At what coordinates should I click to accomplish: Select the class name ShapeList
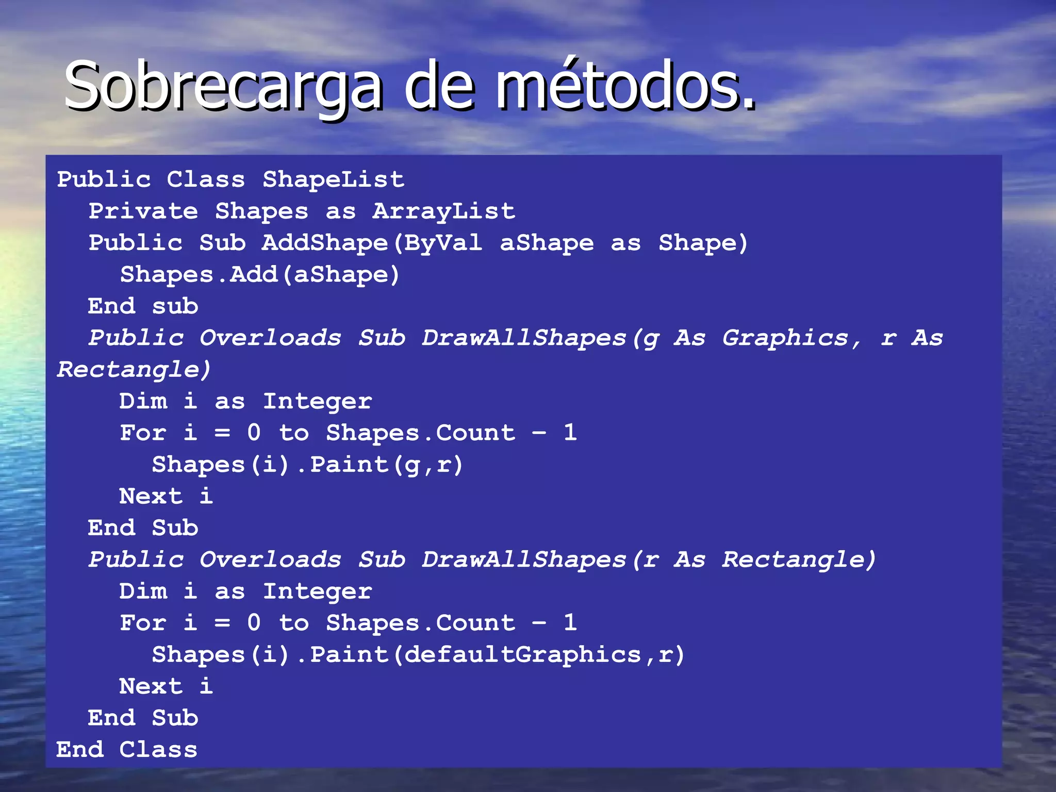point(333,179)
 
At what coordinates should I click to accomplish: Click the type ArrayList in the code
point(443,211)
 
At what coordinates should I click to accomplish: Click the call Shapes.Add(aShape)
point(260,274)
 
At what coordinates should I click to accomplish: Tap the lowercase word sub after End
point(175,306)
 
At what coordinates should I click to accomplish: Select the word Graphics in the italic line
point(785,338)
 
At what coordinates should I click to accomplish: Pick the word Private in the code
point(143,211)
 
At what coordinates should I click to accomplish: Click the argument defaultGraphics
point(522,655)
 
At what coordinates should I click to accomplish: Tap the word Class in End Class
point(158,750)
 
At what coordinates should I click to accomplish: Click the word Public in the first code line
point(104,179)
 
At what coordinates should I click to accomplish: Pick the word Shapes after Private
point(261,211)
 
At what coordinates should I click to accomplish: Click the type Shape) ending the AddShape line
point(703,243)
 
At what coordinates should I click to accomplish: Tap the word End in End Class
point(80,750)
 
